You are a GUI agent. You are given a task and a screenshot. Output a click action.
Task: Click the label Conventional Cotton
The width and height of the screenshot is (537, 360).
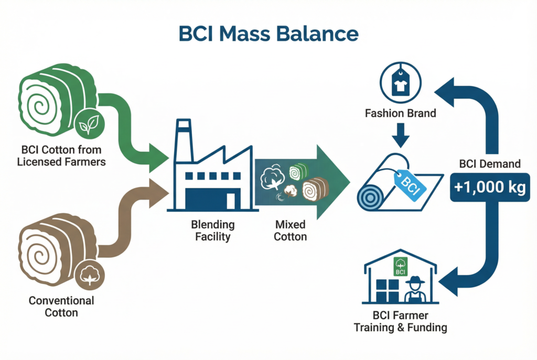[61, 307]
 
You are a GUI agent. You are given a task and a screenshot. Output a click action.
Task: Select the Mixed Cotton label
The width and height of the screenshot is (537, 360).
[291, 231]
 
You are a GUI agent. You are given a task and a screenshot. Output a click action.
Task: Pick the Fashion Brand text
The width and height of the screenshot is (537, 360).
[401, 113]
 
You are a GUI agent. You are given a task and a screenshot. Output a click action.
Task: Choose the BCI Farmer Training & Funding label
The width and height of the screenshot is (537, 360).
[401, 322]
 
